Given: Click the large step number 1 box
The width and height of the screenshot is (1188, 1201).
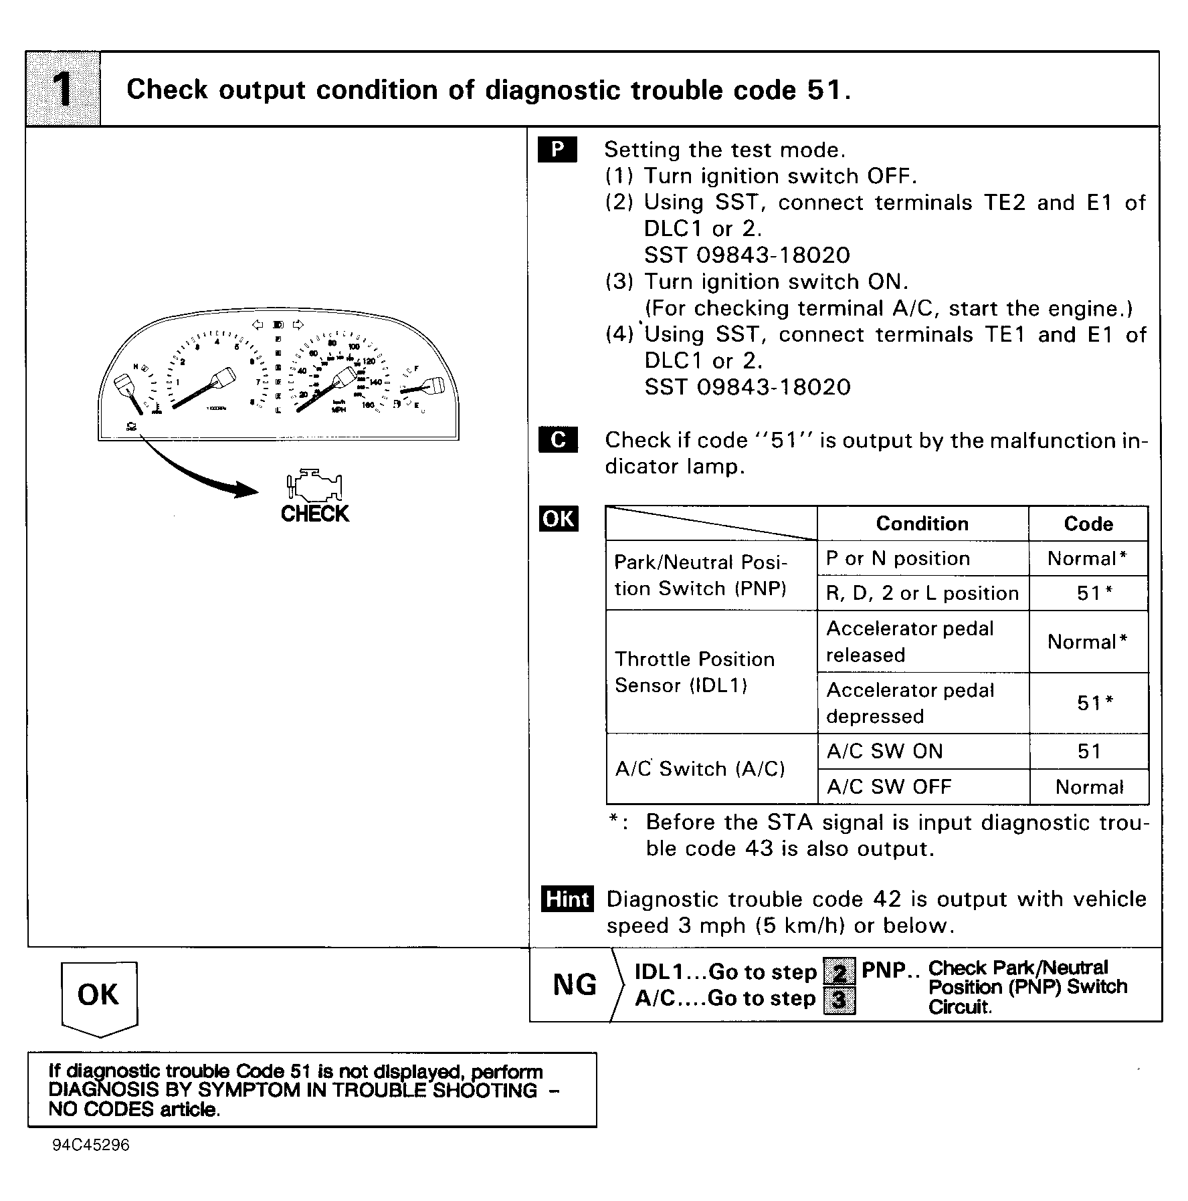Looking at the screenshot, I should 64,89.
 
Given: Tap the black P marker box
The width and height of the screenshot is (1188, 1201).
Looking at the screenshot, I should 557,150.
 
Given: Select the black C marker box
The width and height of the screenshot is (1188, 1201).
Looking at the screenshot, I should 558,439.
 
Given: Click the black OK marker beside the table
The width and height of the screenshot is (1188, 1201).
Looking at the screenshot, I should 559,519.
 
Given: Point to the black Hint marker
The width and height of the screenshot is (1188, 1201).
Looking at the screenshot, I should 567,899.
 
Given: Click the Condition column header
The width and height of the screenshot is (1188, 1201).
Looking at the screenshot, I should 922,524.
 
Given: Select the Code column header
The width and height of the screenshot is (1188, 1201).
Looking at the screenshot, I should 1088,524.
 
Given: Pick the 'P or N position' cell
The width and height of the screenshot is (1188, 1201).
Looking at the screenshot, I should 898,558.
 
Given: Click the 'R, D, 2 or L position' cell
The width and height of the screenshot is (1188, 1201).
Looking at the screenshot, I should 922,593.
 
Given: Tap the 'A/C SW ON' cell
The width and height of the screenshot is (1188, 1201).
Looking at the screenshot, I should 884,751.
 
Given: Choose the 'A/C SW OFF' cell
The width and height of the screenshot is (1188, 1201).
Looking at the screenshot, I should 888,786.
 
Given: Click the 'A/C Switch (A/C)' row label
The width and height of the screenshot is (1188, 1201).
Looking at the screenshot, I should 700,768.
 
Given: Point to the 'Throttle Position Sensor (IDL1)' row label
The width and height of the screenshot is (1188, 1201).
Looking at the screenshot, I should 694,672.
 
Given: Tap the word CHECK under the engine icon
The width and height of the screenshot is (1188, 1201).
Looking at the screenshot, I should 315,514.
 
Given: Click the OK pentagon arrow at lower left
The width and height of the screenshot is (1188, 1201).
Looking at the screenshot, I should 99,995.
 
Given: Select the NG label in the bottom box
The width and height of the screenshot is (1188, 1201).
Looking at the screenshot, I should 575,984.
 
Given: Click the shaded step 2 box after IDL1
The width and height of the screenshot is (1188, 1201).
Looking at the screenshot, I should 839,971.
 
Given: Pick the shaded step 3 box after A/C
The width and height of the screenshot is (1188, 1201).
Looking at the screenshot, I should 839,1000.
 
